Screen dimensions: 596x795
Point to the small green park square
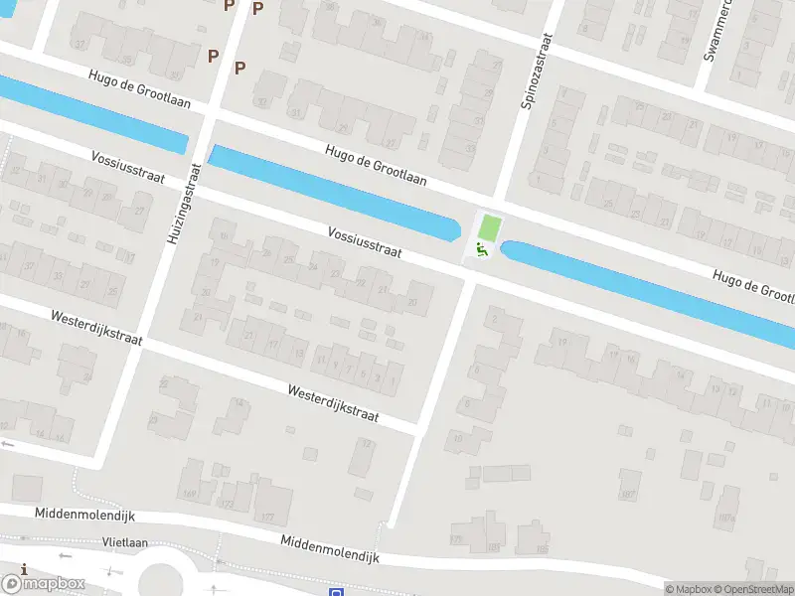tap(487, 226)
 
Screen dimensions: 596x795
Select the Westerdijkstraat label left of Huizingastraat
tap(96, 327)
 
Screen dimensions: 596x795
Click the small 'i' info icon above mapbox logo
tap(23, 568)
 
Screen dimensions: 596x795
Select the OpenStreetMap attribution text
tap(751, 589)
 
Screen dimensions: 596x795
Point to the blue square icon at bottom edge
tap(337, 592)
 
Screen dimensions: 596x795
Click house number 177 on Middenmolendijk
tap(265, 517)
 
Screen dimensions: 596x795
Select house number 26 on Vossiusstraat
tap(289, 260)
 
